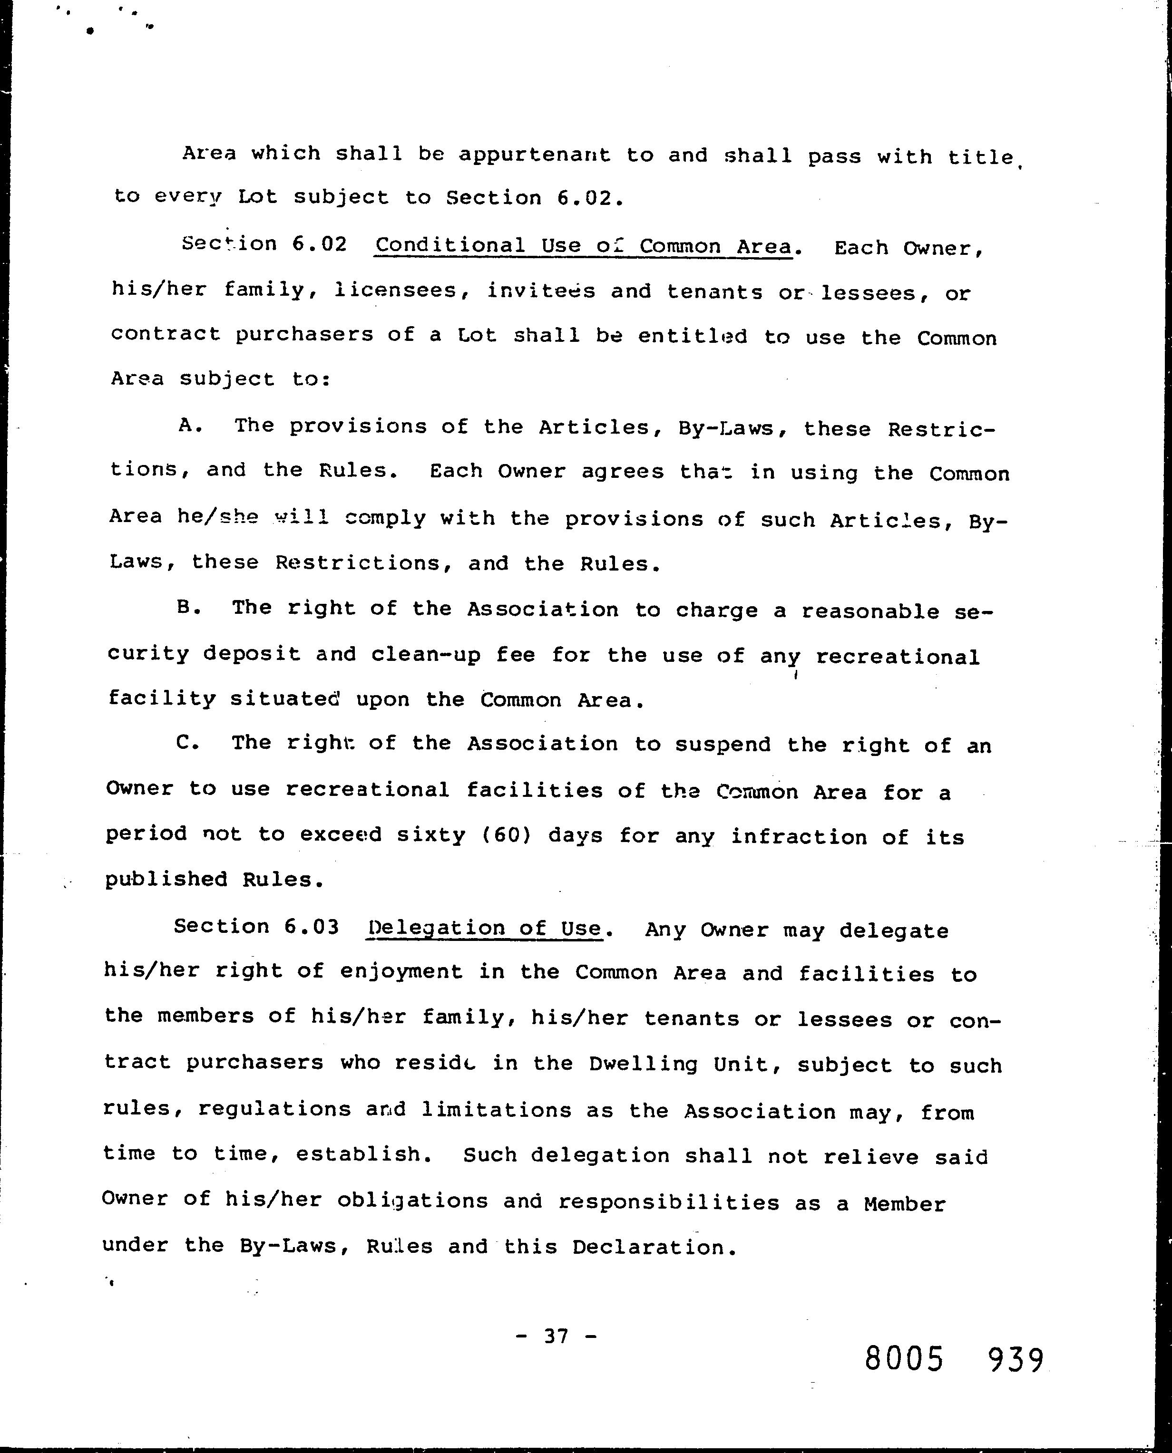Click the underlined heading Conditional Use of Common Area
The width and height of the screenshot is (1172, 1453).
click(583, 246)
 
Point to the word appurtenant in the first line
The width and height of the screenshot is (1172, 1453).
click(534, 155)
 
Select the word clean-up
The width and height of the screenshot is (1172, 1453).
click(425, 655)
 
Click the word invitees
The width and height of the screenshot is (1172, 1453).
click(541, 291)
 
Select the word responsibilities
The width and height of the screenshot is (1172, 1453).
click(668, 1202)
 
